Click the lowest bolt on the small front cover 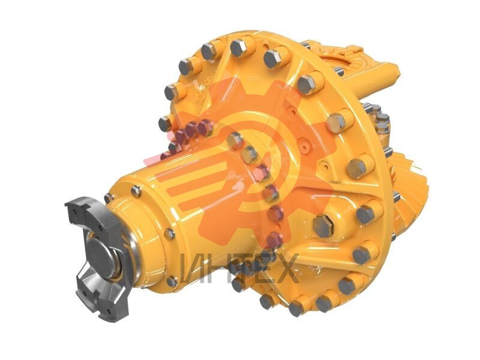tap(172, 281)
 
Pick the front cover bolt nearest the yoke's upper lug tap(108, 197)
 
